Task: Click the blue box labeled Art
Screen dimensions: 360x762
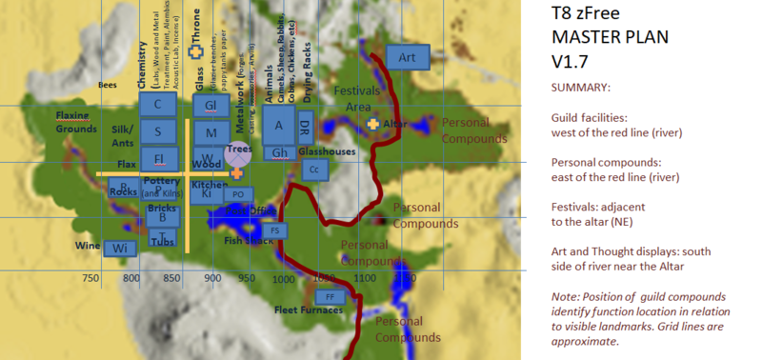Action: click(x=408, y=58)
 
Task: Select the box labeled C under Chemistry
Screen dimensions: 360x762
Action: click(x=157, y=104)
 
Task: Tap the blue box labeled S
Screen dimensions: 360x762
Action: click(x=157, y=130)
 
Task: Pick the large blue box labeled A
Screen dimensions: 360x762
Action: click(x=279, y=123)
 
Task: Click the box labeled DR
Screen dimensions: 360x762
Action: click(x=304, y=126)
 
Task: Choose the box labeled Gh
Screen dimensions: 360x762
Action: click(x=279, y=152)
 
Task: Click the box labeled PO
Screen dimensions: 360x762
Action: click(x=238, y=195)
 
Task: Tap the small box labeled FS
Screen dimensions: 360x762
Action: click(x=274, y=230)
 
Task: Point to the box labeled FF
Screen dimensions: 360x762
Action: click(x=330, y=297)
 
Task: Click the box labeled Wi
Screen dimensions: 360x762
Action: click(x=120, y=248)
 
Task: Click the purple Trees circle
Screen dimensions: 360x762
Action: click(x=238, y=154)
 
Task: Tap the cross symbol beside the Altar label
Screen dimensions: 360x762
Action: click(x=373, y=125)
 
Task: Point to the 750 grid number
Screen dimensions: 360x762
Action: click(x=91, y=279)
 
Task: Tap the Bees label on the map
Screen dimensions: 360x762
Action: click(x=107, y=85)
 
